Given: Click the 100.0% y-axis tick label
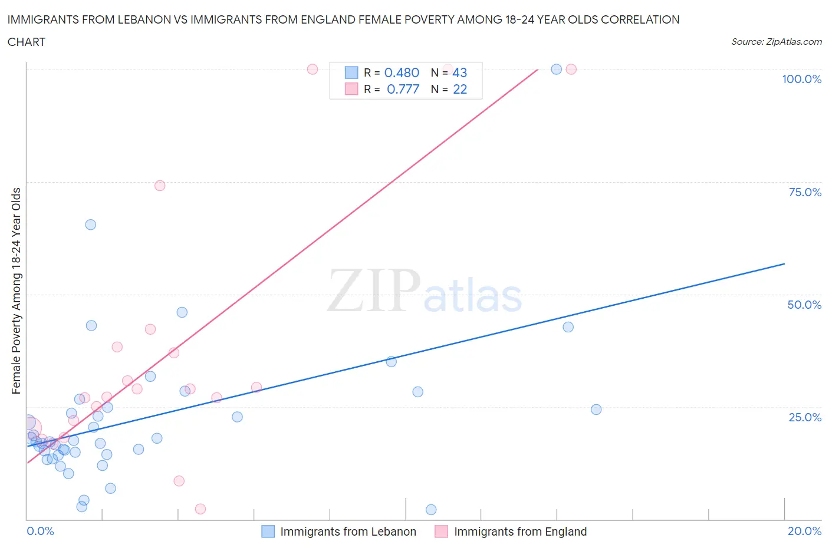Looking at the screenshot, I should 801,79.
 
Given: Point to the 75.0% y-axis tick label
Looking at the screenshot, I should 804,192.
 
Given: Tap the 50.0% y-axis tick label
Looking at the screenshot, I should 804,305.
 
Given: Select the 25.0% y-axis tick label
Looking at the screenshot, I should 804,417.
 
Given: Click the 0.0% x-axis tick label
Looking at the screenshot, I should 40,531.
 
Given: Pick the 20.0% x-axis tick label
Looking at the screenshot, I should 804,531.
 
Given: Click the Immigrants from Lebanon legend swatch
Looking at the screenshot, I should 268,532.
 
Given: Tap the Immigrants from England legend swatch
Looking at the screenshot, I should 441,532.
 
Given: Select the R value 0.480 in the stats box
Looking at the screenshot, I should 402,72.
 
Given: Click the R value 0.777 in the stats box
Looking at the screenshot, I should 403,89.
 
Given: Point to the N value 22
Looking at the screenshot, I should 460,89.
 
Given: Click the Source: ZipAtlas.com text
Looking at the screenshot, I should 776,41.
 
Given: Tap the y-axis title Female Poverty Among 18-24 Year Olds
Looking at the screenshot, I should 16,290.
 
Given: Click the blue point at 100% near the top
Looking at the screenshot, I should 556,69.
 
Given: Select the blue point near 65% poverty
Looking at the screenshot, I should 90,225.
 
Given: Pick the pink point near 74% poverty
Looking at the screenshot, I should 160,186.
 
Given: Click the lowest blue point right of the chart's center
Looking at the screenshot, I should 431,510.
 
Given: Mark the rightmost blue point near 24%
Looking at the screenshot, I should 596,410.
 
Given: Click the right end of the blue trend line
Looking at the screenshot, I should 784,264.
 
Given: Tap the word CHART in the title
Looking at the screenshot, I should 27,42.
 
